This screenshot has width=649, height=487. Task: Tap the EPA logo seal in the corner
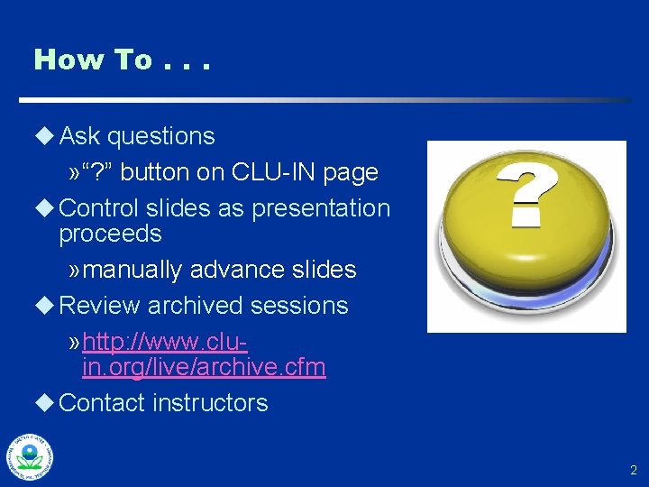click(30, 457)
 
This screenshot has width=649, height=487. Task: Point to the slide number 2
click(633, 470)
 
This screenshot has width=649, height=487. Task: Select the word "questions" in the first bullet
click(160, 136)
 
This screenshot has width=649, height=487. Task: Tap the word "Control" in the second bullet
click(98, 207)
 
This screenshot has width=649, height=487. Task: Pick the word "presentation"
click(321, 207)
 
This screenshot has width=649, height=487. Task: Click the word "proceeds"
click(110, 234)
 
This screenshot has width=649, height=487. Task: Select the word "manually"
click(135, 270)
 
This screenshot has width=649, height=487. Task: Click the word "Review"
click(99, 306)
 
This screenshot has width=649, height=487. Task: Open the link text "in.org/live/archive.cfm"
click(204, 367)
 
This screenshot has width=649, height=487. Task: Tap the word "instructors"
click(210, 402)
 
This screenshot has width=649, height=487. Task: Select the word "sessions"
click(299, 306)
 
